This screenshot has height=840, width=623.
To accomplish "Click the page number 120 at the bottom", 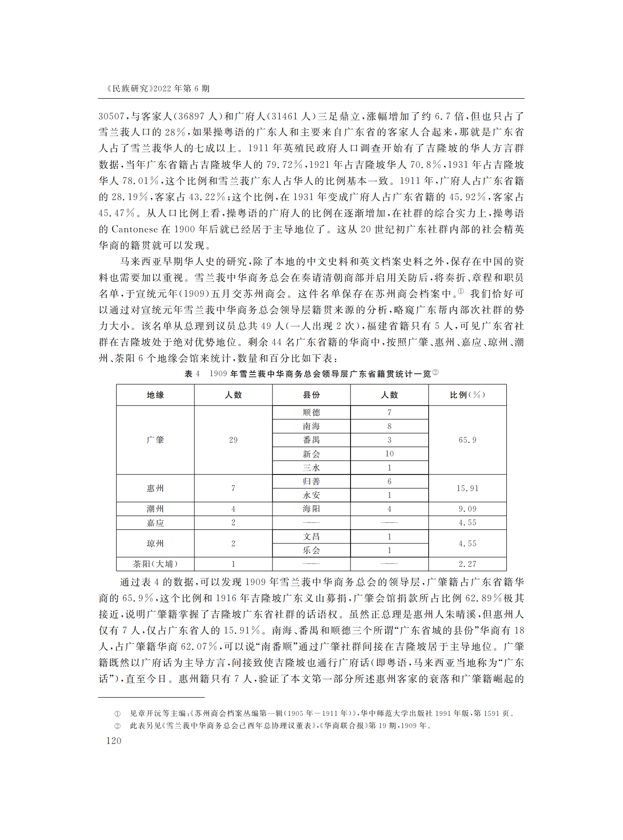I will point(113,741).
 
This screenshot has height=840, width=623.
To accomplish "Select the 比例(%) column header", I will point(467,395).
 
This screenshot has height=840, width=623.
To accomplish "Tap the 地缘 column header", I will point(155,395).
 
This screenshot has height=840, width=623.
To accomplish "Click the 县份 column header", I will point(311,395).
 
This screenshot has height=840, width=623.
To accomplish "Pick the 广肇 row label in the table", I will point(155,440).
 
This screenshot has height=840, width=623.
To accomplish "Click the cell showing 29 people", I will point(233,440).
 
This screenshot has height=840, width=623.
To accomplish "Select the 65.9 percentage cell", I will point(467,440).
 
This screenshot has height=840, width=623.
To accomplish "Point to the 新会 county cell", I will point(311,454).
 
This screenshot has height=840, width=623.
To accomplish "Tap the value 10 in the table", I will point(389,454).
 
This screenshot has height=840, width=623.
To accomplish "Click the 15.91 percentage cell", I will point(467,488).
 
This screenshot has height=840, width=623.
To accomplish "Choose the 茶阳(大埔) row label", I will point(155,564).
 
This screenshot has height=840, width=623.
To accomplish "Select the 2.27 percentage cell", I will point(467,564).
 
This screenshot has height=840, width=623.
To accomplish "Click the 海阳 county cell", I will point(311,509).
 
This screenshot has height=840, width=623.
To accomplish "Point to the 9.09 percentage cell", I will point(467,509).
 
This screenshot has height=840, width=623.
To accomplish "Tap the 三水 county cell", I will point(311,468).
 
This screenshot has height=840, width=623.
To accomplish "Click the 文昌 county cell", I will point(311,537).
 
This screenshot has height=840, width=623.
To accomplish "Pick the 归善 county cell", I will point(311,481).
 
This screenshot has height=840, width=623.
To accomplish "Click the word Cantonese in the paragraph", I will point(135,229).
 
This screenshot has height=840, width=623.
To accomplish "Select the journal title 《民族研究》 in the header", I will point(128,88).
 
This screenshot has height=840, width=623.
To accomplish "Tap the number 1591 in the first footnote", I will point(492,713).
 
